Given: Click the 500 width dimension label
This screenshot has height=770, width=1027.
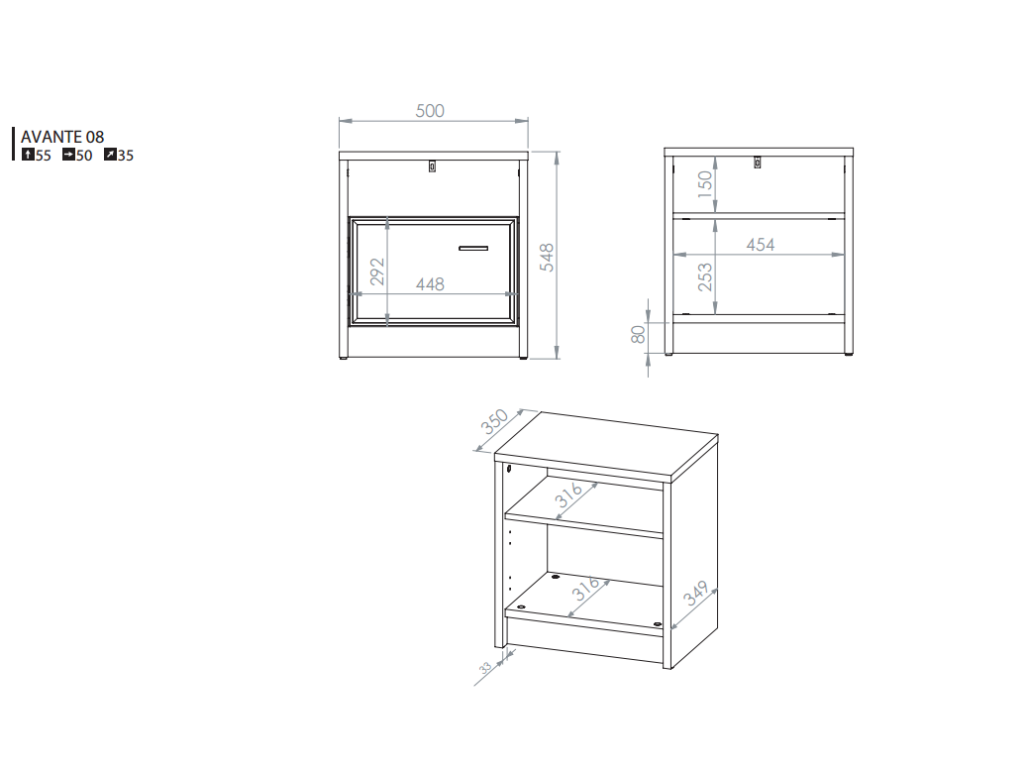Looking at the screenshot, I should click(x=430, y=111).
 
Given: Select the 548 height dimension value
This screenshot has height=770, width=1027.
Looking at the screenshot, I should click(x=547, y=257).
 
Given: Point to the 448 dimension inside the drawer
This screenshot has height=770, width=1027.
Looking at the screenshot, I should click(x=430, y=284).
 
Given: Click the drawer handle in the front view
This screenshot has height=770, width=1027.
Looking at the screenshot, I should click(x=473, y=246).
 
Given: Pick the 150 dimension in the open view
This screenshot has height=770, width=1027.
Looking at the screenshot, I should click(x=704, y=184).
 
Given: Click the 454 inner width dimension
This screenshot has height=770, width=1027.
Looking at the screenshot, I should click(x=761, y=245).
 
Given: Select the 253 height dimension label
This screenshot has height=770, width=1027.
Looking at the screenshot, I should click(x=704, y=276).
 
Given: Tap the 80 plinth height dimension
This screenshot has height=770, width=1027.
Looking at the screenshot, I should click(x=639, y=335).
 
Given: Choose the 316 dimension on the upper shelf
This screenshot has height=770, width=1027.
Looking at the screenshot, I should click(x=569, y=497).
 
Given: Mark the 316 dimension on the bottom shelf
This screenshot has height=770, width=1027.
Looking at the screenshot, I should click(x=586, y=592).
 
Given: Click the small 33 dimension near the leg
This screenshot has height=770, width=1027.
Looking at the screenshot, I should click(x=485, y=669).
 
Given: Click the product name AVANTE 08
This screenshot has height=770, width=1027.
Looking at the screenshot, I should click(x=62, y=137).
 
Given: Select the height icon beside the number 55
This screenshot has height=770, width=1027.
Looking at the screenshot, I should click(x=28, y=155).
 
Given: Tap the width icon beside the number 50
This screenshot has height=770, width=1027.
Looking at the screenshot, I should click(x=68, y=155).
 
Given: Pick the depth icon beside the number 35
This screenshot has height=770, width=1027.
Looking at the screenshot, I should click(x=110, y=155).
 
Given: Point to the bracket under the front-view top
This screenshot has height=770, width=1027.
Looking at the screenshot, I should click(x=432, y=166).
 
